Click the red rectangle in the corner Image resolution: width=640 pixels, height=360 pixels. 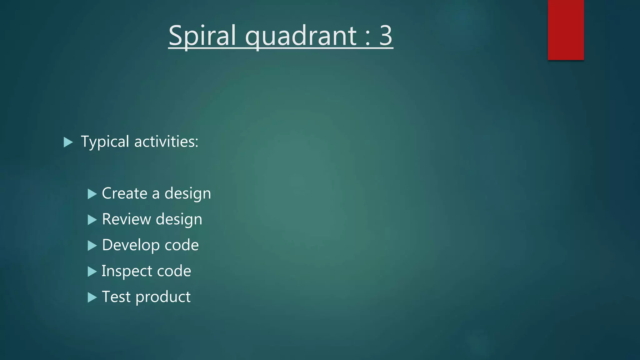566,30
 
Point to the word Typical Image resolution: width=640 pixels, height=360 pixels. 105,142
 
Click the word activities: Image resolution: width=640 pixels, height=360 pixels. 166,142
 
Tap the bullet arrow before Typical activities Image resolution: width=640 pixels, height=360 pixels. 68,142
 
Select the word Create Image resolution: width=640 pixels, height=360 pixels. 124,193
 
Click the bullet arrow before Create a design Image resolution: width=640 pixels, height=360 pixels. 92,194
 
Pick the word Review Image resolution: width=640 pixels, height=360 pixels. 126,219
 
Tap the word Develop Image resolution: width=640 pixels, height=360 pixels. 129,245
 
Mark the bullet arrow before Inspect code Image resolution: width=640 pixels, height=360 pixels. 92,272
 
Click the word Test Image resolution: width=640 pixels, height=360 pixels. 116,297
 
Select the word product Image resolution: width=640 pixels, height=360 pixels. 163,297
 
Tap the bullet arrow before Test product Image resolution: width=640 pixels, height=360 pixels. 92,297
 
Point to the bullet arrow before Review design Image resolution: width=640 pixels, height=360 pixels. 92,220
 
